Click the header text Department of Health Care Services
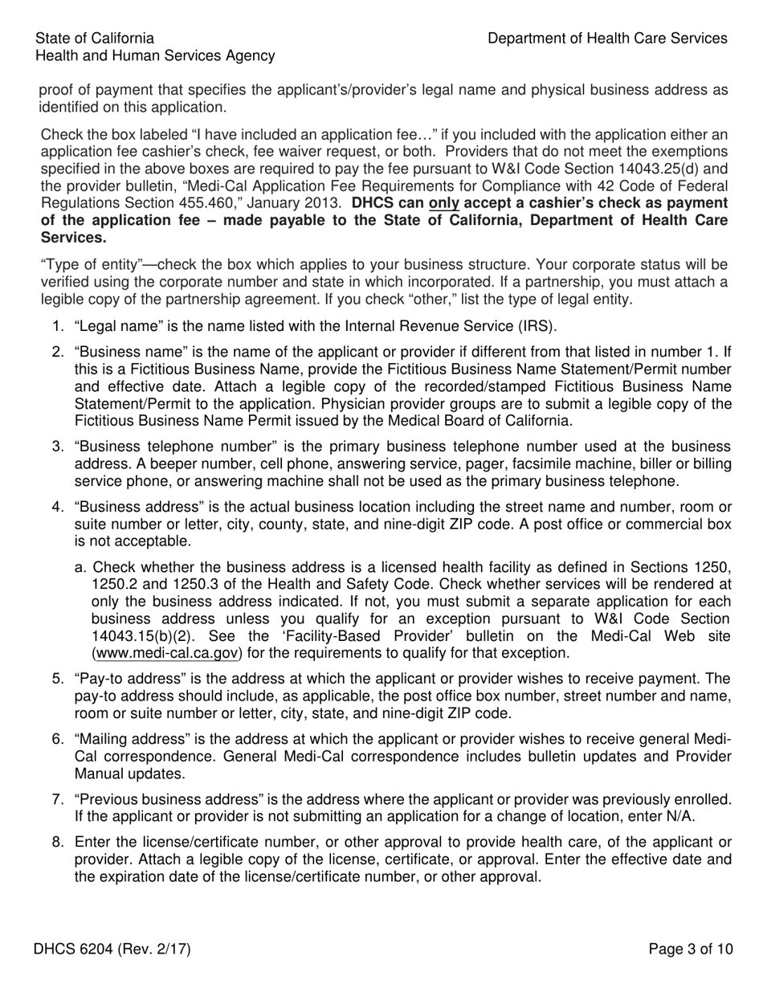(607, 38)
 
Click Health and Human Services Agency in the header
(155, 55)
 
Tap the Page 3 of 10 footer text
(690, 949)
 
